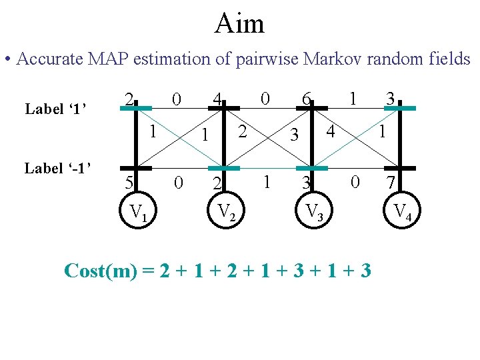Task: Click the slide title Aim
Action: pyautogui.click(x=239, y=24)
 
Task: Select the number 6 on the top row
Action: pyautogui.click(x=305, y=99)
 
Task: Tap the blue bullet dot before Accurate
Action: pyautogui.click(x=7, y=60)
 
